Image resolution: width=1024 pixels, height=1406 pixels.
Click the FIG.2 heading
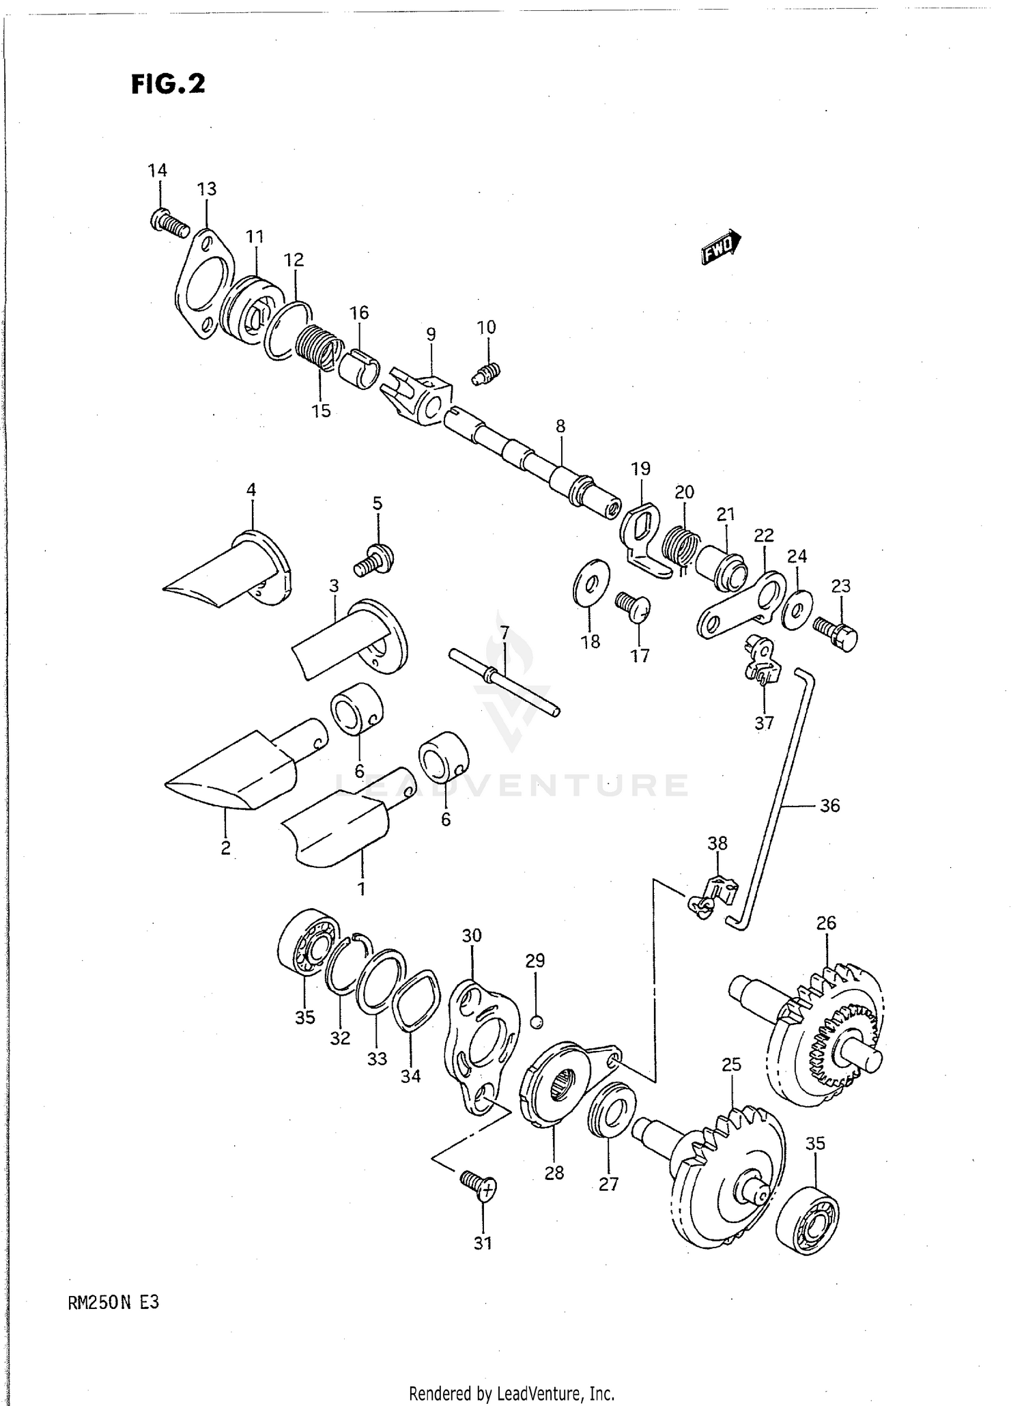click(168, 84)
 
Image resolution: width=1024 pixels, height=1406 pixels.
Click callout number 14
click(158, 170)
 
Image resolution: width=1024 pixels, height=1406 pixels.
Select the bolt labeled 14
click(169, 224)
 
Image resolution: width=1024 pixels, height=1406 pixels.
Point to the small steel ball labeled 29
click(537, 1022)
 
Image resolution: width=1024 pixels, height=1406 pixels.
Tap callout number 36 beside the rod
click(829, 806)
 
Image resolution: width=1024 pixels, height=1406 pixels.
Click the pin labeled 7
click(504, 683)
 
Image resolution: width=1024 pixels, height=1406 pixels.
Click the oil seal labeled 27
click(612, 1113)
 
